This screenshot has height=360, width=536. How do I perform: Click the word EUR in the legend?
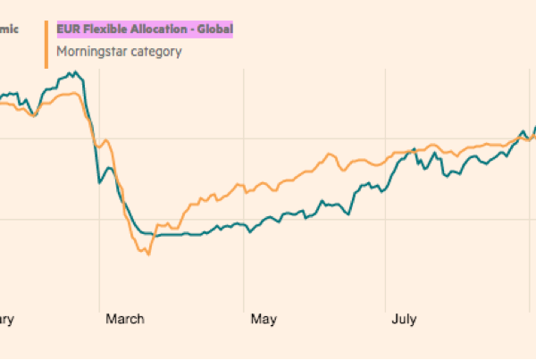point(67,29)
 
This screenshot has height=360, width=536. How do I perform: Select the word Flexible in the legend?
point(101,29)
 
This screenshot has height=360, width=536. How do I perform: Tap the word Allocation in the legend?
point(155,29)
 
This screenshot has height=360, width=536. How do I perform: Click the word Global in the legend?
point(214,29)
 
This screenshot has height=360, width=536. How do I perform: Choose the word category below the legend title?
point(157,51)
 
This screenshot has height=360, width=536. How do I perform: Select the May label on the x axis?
point(263,318)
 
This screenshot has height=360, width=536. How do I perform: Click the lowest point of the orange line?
point(148,255)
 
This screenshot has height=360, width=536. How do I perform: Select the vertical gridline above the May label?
point(243,268)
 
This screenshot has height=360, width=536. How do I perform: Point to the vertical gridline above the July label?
point(387,268)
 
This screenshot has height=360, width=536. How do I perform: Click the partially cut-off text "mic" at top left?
point(9,29)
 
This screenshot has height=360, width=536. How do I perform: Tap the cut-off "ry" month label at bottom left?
point(7,318)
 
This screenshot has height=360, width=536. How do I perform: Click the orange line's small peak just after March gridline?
point(107,140)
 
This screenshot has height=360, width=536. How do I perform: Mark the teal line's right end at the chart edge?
point(534,128)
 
